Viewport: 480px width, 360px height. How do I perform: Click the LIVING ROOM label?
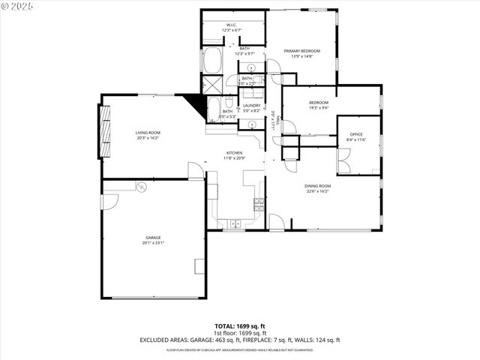coord(148,133)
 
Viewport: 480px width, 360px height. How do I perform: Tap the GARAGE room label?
coord(154,238)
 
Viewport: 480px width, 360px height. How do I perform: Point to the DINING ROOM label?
coord(317,186)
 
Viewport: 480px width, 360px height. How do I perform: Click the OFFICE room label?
coord(355,135)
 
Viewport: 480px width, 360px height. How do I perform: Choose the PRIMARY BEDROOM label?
coord(301,51)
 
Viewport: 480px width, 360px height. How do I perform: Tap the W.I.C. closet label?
coord(232,25)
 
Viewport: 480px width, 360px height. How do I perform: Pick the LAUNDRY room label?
coord(251,106)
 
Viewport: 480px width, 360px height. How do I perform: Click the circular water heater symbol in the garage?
coord(139,186)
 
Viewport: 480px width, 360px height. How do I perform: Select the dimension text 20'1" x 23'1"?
coord(154,243)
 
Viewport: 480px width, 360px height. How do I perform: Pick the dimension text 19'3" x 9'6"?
coord(319,108)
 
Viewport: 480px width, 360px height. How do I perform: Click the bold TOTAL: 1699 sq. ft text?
coord(240,325)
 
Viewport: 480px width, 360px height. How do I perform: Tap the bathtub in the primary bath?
coord(212,60)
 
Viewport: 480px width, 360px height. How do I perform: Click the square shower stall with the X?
coord(212,83)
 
